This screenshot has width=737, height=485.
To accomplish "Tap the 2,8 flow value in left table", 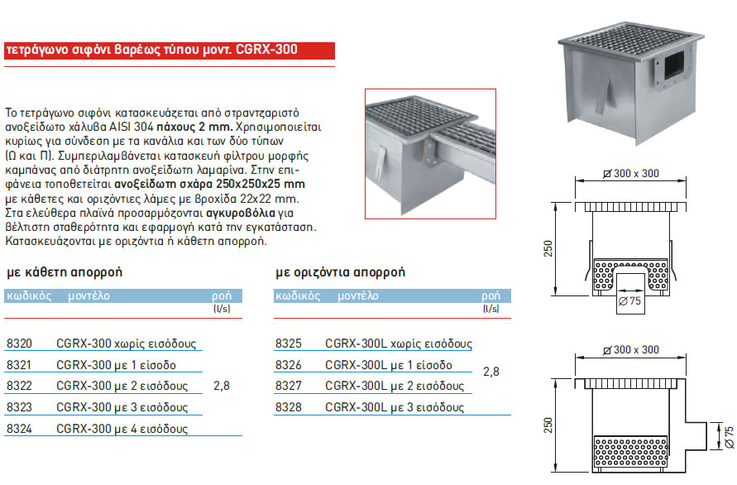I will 222,387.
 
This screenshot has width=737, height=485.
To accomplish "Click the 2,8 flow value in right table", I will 491,372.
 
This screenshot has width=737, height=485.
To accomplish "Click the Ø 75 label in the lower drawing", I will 728,436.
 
